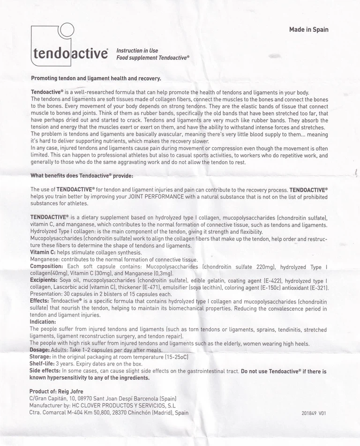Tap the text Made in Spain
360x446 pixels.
pos(308,30)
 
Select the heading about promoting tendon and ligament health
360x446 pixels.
pos(96,78)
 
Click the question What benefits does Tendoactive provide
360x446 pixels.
pos(82,176)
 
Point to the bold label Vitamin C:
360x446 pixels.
pos(43,253)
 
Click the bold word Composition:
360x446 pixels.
pos(47,267)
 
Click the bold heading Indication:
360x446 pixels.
pos(43,322)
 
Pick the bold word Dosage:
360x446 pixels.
pos(41,350)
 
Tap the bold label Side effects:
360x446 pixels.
pos(45,371)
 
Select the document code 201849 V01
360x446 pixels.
pos(314,414)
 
